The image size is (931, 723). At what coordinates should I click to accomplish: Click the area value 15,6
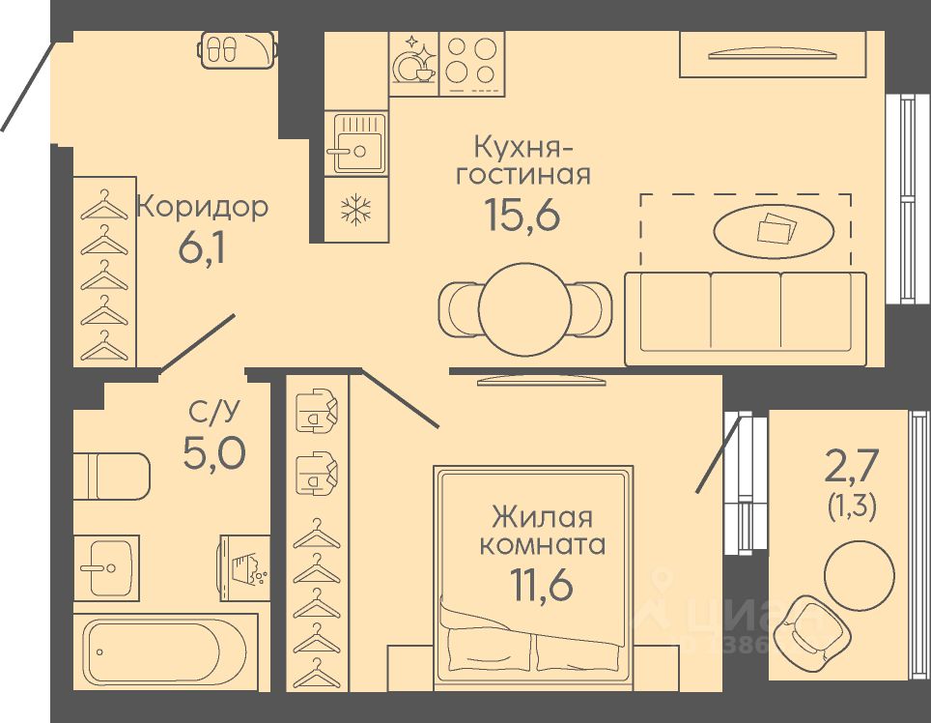click(x=522, y=216)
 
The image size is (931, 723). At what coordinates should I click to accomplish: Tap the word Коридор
click(x=202, y=207)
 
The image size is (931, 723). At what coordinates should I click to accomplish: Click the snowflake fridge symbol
click(x=356, y=209)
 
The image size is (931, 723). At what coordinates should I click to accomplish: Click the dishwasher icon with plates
click(x=413, y=61)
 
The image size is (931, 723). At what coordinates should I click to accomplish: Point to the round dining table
click(x=524, y=309)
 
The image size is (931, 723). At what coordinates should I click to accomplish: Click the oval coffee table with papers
click(x=774, y=230)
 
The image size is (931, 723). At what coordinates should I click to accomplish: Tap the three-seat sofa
click(x=746, y=317)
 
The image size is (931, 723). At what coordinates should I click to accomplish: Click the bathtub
click(x=166, y=651)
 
